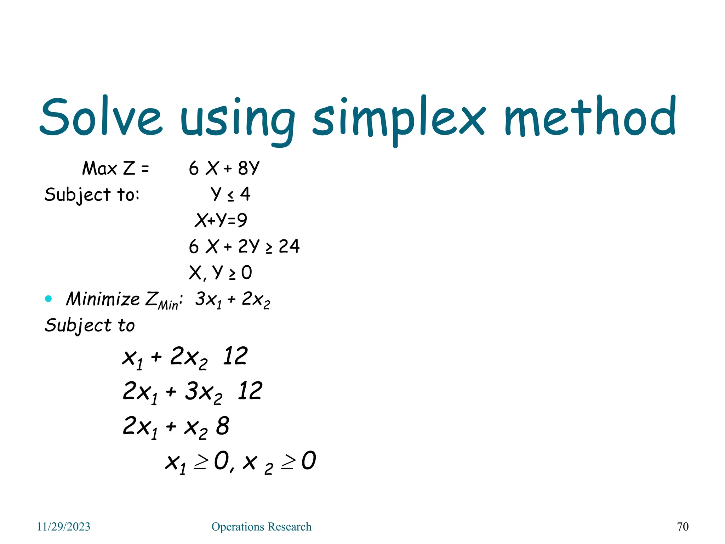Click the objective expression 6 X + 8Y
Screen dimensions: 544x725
(x=224, y=168)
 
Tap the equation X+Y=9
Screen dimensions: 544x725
(x=221, y=220)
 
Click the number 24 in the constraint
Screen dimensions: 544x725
(x=289, y=246)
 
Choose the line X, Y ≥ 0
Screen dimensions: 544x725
(x=220, y=272)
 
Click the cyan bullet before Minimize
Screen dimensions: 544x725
(x=48, y=299)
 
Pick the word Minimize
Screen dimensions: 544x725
(x=103, y=299)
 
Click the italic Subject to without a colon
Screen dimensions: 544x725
(x=90, y=325)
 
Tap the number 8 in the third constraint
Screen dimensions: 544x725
(x=223, y=426)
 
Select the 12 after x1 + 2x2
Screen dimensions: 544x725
(x=235, y=356)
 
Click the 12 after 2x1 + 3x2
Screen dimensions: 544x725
(x=250, y=391)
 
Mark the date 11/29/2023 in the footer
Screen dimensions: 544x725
(x=64, y=527)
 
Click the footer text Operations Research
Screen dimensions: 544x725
(x=261, y=527)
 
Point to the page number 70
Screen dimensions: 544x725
(x=683, y=527)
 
